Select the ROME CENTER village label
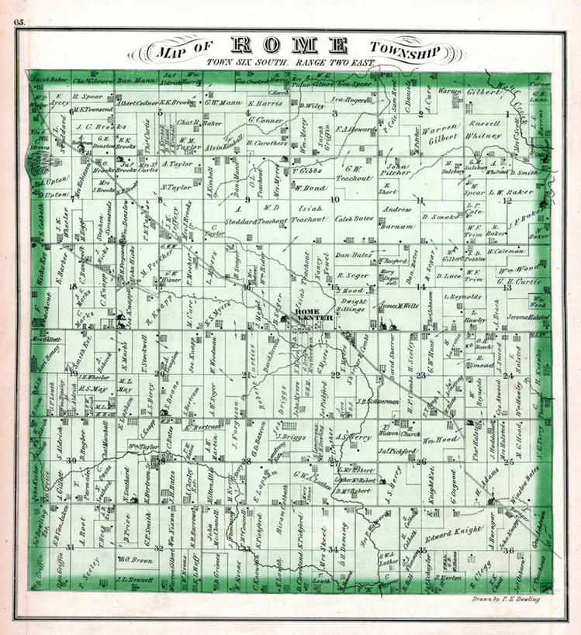point(314,314)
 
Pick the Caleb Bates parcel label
point(354,219)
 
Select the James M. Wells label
point(399,305)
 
